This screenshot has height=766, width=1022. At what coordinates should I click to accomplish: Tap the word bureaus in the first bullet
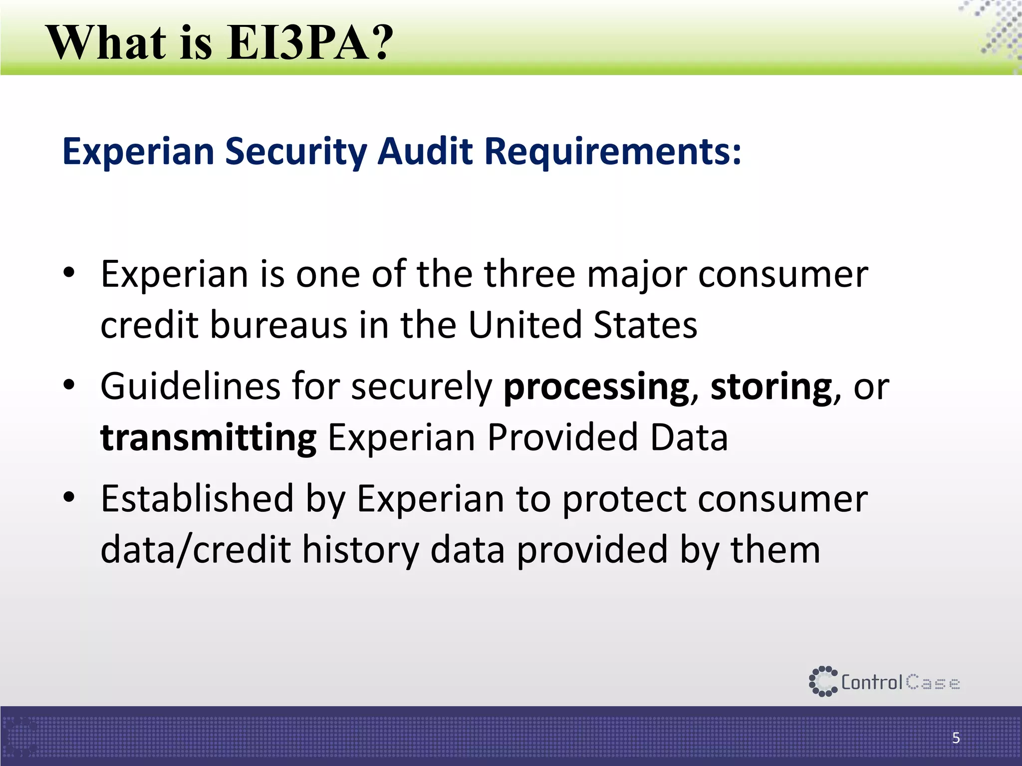[x=278, y=325]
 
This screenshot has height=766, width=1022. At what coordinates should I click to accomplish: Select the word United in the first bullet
[x=525, y=325]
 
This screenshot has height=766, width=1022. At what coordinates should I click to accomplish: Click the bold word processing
[x=596, y=388]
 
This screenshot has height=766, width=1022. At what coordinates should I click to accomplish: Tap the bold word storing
[x=771, y=388]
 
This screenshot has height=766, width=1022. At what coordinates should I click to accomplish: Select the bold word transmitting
[x=208, y=438]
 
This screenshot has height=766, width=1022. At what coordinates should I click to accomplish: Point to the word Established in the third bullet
[x=198, y=499]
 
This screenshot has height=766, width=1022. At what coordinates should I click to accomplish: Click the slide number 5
[x=956, y=738]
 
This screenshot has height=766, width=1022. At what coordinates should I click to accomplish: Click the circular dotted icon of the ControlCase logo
[x=822, y=681]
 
